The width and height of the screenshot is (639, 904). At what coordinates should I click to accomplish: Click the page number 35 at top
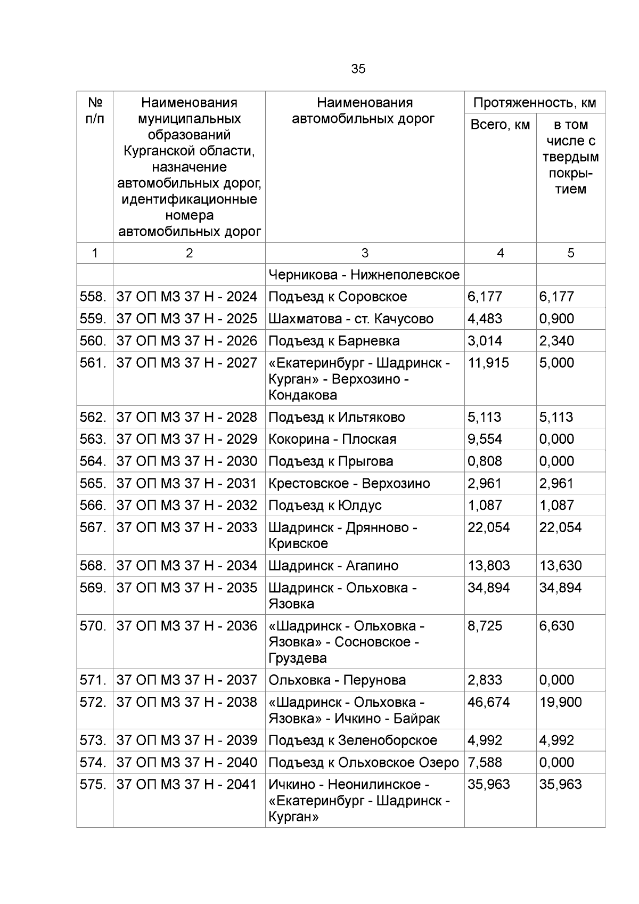[358, 69]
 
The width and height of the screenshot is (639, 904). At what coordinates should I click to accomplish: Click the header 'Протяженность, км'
[535, 103]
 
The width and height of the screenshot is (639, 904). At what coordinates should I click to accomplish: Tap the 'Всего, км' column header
[500, 125]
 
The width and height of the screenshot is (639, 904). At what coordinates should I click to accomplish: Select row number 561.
[94, 363]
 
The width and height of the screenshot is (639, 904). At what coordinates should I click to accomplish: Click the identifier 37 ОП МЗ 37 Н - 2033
[187, 527]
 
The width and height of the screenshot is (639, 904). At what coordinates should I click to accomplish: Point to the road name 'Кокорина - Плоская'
[332, 439]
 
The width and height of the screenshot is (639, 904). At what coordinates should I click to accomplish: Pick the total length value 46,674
[488, 702]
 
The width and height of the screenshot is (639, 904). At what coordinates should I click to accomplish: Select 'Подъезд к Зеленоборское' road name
[353, 740]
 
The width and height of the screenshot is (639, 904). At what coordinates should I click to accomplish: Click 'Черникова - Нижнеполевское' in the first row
[364, 275]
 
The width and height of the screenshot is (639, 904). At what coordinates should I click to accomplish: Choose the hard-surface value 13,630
[560, 566]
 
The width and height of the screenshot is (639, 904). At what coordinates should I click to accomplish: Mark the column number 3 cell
[365, 253]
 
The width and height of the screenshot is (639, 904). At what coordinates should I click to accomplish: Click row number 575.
[94, 785]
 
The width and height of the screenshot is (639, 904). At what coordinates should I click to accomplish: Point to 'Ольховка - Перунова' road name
[337, 680]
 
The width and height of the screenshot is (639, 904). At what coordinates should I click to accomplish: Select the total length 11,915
[488, 363]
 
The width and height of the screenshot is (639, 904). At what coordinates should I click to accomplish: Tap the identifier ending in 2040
[187, 763]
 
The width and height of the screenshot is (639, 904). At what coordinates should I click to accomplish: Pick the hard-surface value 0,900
[556, 319]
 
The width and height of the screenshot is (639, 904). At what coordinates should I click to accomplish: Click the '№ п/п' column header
[95, 110]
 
